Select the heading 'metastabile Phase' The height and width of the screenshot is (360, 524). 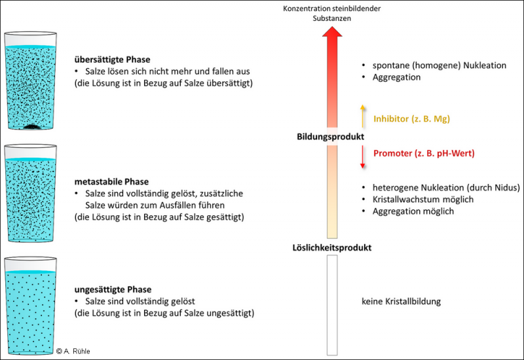coord(112,181)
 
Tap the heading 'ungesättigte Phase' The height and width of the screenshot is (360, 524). coord(113,289)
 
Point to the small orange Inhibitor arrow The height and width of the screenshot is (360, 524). coord(361,116)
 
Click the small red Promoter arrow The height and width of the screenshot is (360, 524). coord(361,156)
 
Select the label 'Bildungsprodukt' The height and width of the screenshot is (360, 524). coord(331,136)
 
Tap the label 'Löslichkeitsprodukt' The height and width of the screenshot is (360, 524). coord(331,248)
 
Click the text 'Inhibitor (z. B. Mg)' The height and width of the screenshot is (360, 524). coord(411,119)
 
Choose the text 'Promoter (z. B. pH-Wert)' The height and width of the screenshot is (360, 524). coord(423,153)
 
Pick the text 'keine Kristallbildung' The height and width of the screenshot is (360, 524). coord(401,302)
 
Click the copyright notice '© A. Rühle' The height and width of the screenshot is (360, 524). coord(73,351)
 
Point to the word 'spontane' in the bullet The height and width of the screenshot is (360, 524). coord(389,65)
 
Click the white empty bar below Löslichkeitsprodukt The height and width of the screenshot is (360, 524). coord(331,304)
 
